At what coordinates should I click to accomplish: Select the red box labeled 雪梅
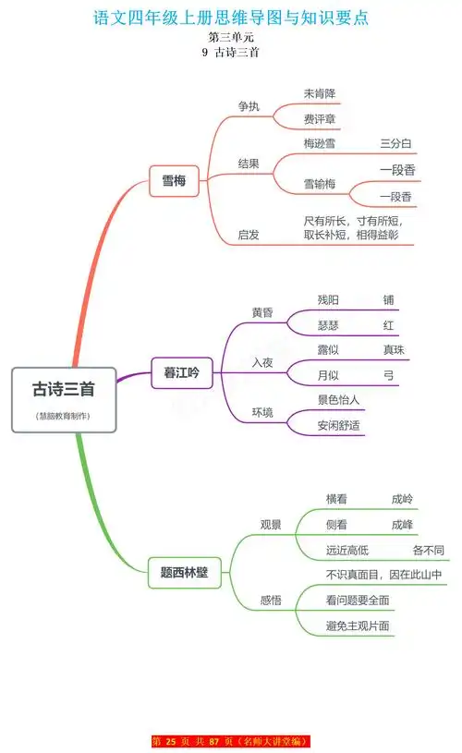175,181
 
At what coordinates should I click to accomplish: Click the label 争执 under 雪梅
249,106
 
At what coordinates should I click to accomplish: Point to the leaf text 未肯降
321,93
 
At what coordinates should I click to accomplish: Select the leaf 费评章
321,119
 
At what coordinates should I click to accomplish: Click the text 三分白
395,144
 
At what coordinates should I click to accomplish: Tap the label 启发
249,235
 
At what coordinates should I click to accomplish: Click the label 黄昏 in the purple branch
262,312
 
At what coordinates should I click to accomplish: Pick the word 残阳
328,299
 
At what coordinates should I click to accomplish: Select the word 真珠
394,350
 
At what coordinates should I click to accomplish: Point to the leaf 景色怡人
338,400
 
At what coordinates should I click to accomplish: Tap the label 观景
271,524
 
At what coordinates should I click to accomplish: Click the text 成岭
402,498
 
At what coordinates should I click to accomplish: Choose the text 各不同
428,550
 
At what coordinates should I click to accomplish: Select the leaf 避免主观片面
358,625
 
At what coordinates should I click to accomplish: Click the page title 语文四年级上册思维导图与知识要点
231,18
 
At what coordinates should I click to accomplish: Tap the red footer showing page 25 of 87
231,741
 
